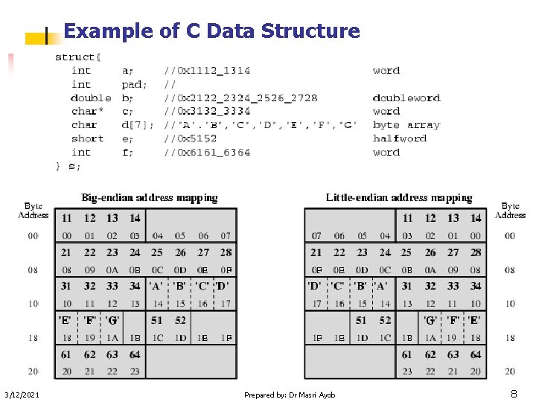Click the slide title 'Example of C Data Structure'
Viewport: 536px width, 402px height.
(211, 31)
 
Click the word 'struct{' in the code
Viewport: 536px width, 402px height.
(78, 57)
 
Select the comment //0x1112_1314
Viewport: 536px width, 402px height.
(208, 71)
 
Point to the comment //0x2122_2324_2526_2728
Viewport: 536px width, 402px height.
(240, 98)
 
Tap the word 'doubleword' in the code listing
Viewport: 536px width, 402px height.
(406, 98)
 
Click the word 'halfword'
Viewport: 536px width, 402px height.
(400, 138)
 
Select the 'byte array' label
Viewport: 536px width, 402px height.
(406, 125)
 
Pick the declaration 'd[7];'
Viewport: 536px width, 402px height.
(138, 125)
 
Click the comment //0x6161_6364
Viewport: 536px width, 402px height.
(208, 153)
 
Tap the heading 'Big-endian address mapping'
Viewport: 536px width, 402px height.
(150, 198)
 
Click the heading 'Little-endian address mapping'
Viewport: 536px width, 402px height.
(399, 198)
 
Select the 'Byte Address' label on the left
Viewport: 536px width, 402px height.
(33, 211)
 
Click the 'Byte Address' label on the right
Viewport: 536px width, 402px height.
(510, 211)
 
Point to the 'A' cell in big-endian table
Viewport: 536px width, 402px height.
(156, 286)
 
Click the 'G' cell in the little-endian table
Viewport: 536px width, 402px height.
(430, 321)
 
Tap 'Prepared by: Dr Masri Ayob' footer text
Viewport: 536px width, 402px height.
(290, 395)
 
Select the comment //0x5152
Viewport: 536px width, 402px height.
(191, 138)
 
